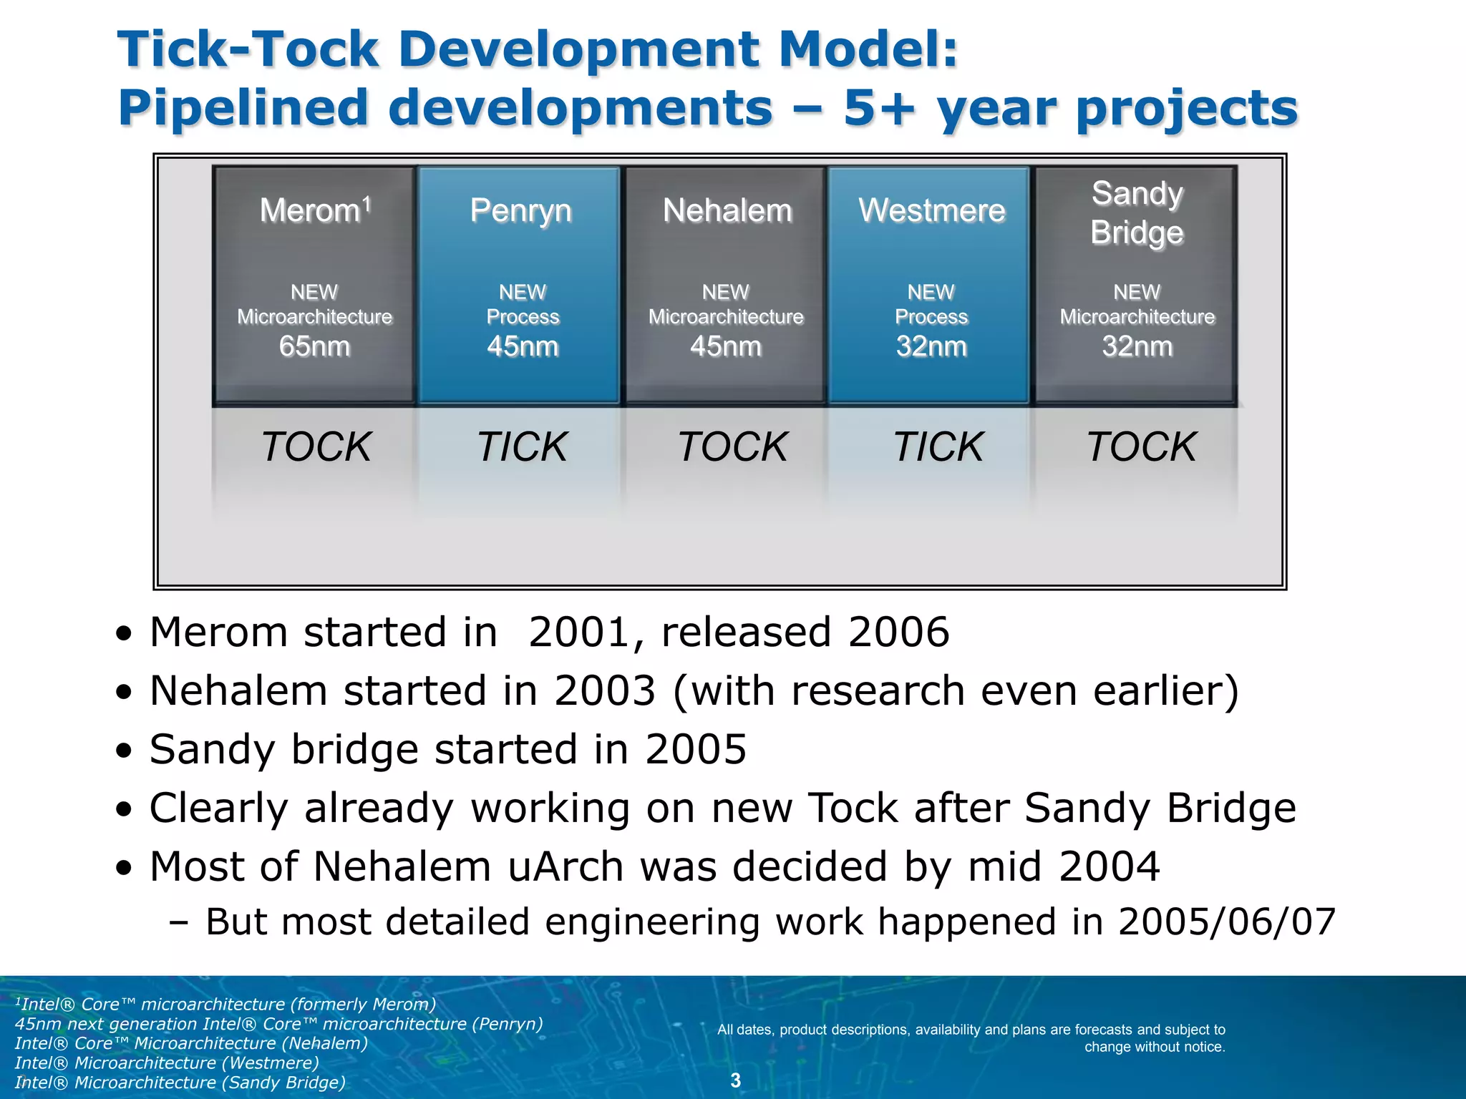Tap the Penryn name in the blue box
point(521,211)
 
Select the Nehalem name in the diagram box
point(727,211)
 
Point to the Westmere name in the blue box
point(931,211)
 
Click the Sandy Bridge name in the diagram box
point(1137,213)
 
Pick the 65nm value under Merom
point(314,346)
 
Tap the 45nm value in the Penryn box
point(523,346)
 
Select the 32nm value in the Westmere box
point(931,346)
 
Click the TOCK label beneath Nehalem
point(732,446)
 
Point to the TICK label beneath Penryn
point(523,446)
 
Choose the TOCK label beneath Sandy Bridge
point(1141,446)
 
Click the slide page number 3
point(735,1080)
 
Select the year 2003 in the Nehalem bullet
point(605,691)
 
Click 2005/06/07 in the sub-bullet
point(1227,922)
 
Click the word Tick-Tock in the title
point(248,50)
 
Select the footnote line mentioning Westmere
point(166,1063)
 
